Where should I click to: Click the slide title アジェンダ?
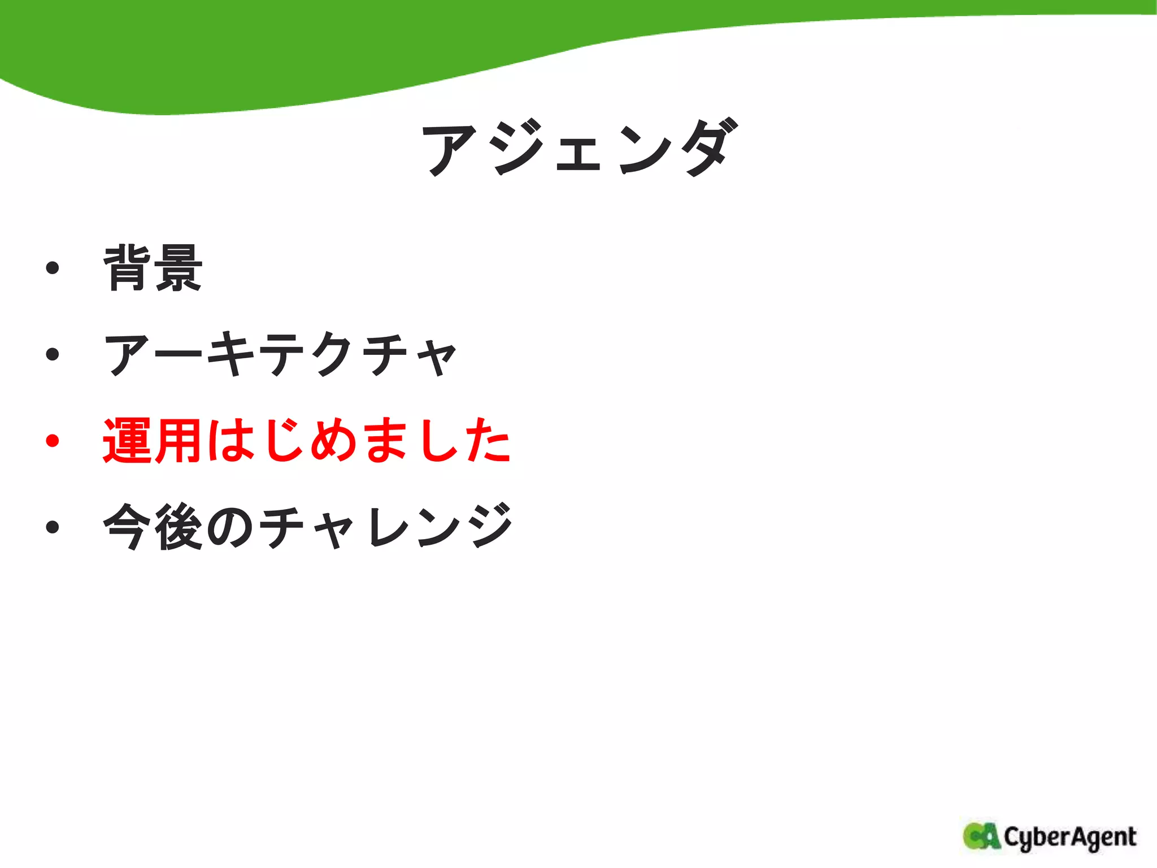(x=579, y=148)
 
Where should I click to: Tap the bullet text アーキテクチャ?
(x=280, y=355)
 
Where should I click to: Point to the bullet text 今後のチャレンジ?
(x=308, y=527)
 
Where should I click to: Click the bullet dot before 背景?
(x=53, y=268)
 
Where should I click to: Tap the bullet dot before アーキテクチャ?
(x=53, y=355)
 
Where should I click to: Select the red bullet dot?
(x=53, y=441)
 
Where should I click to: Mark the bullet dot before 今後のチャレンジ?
(x=53, y=527)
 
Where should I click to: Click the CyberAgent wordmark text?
(x=1069, y=837)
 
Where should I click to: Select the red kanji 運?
(x=127, y=441)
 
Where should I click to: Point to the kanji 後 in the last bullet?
(x=178, y=527)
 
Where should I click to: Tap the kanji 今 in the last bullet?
(x=127, y=527)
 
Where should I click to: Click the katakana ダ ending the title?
(x=709, y=148)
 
